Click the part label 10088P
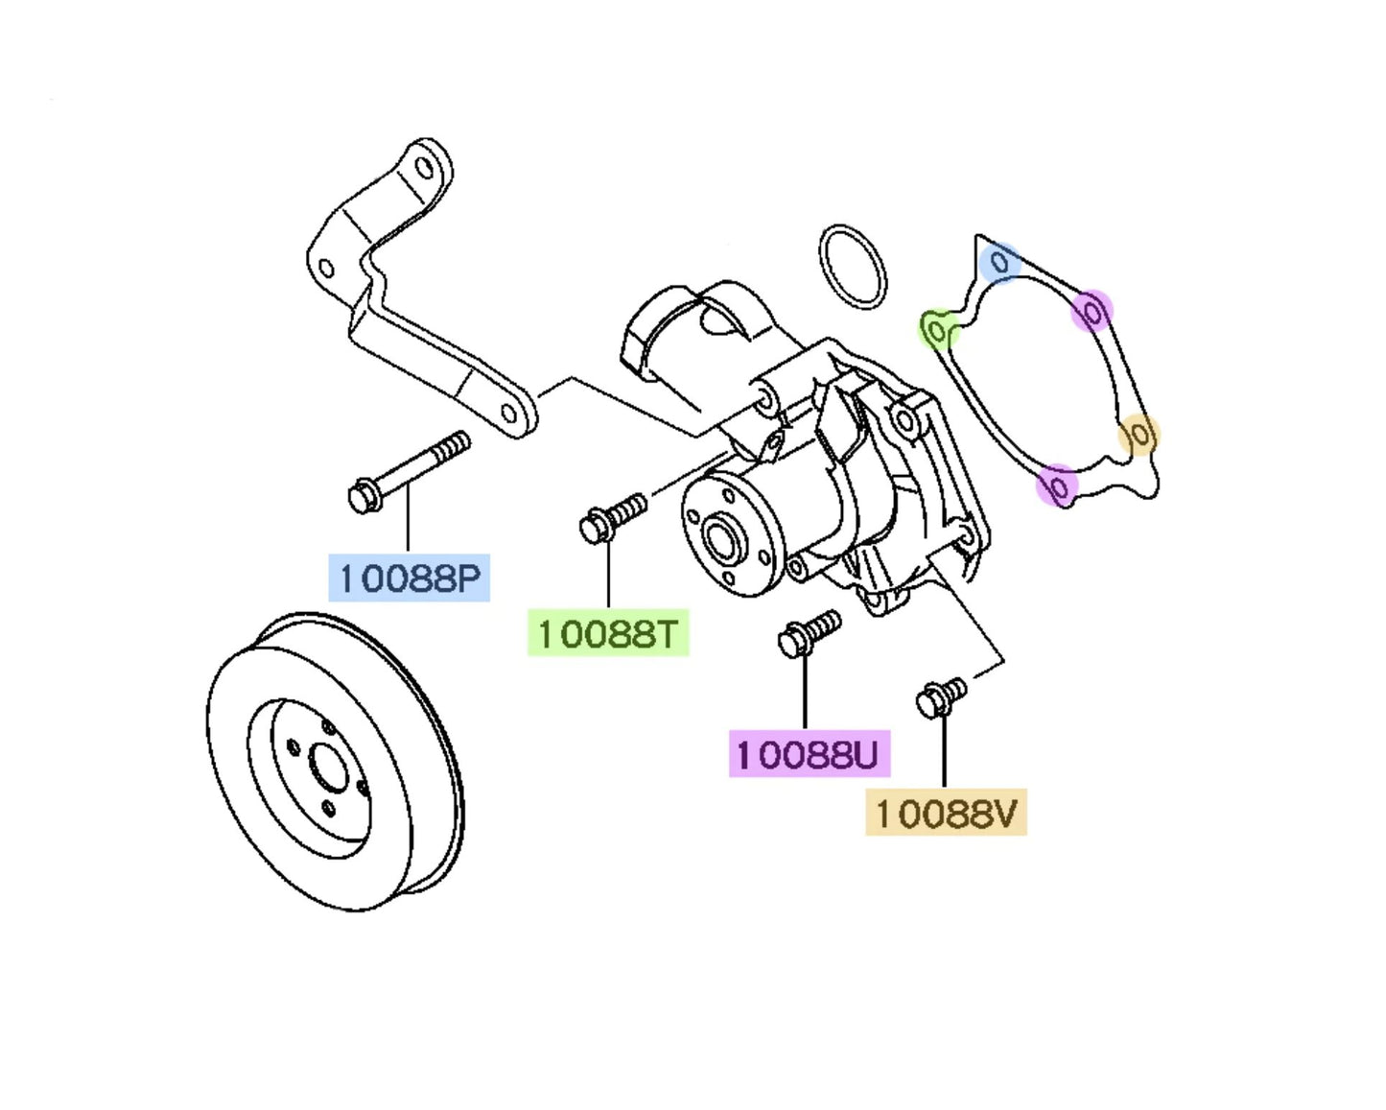pyautogui.click(x=409, y=578)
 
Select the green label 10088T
pyautogui.click(x=608, y=633)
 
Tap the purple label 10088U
pyautogui.click(x=809, y=753)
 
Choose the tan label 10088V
pyautogui.click(x=946, y=813)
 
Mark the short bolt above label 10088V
pyautogui.click(x=941, y=697)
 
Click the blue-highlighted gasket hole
pyautogui.click(x=1000, y=262)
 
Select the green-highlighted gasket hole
pyautogui.click(x=938, y=330)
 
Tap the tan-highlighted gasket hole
pyautogui.click(x=1139, y=436)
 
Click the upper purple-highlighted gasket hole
pyautogui.click(x=1092, y=311)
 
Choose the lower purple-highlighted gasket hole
pyautogui.click(x=1057, y=486)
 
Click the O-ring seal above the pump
pyautogui.click(x=853, y=267)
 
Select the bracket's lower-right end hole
pyautogui.click(x=509, y=413)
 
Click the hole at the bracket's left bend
pyautogui.click(x=326, y=268)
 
